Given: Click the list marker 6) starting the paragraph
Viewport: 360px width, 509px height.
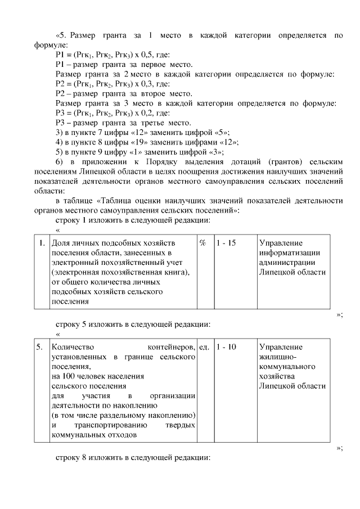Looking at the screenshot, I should (x=60, y=162).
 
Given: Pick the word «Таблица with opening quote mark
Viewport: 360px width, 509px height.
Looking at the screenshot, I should (x=115, y=201).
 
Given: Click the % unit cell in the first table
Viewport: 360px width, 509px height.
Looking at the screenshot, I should (x=202, y=243).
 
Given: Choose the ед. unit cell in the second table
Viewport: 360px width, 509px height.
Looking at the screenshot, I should (x=204, y=347).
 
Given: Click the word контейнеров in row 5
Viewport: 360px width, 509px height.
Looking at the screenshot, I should (x=170, y=347).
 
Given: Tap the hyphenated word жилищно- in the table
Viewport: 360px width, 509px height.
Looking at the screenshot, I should (x=278, y=357).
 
